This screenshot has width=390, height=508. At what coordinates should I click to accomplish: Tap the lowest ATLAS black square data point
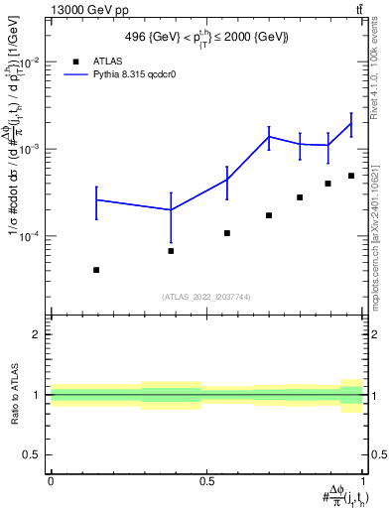click(96, 270)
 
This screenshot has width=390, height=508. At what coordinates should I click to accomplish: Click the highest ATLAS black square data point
click(351, 176)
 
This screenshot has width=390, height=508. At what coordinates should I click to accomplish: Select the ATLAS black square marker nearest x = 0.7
click(269, 215)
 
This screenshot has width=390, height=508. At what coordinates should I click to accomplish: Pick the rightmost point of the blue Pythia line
click(351, 123)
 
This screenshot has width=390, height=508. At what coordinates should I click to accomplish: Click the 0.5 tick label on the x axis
click(206, 481)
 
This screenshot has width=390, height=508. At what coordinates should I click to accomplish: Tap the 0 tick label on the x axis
click(50, 481)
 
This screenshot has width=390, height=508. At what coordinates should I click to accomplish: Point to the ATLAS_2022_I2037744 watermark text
click(206, 297)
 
